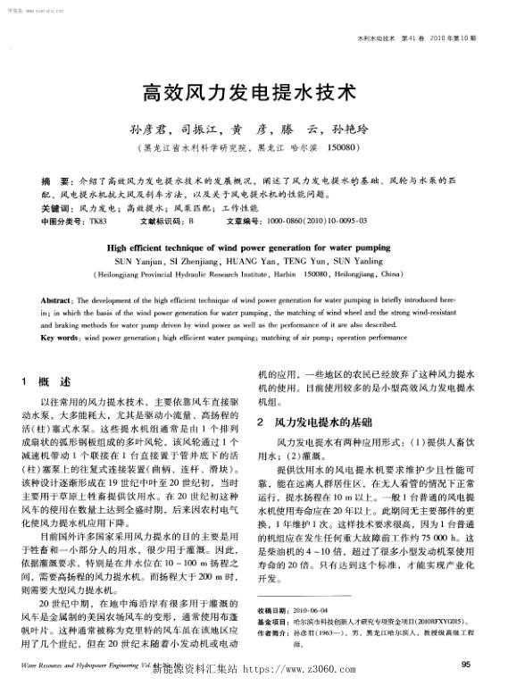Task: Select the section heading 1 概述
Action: [x=52, y=381]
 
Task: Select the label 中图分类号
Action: [x=62, y=220]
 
